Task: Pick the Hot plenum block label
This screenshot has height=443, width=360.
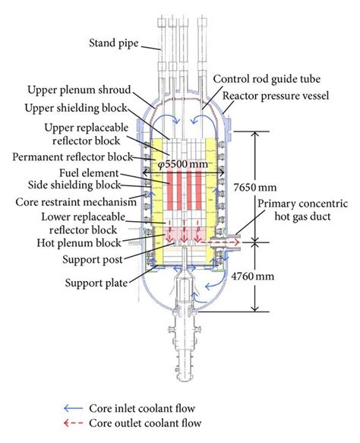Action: (x=78, y=243)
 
